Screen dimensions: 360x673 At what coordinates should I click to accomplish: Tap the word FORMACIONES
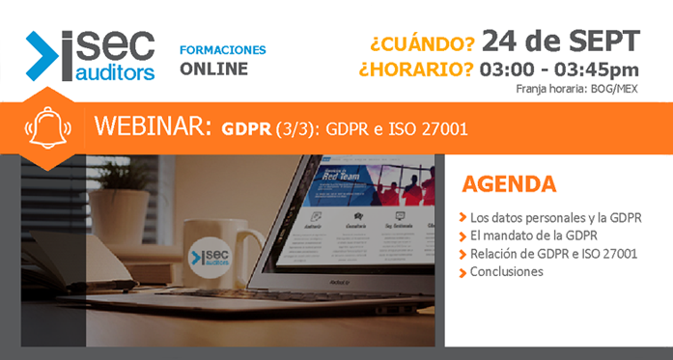point(223,49)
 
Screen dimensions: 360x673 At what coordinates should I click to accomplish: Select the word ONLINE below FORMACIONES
point(213,69)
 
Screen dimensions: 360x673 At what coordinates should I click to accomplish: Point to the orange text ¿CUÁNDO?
point(422,43)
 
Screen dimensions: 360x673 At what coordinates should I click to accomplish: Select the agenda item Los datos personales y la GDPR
point(556,217)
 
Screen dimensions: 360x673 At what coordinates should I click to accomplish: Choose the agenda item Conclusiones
point(506,272)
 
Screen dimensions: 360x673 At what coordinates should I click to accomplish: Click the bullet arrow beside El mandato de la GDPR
point(463,236)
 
